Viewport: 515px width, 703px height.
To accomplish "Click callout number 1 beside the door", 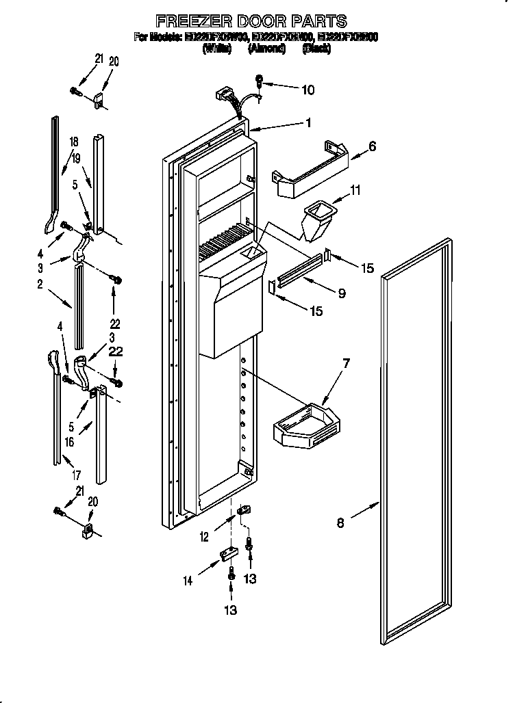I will click(x=309, y=123).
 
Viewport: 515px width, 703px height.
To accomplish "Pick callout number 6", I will click(x=372, y=146).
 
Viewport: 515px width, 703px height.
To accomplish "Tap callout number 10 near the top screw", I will click(x=308, y=89).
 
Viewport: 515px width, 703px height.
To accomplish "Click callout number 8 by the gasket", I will click(x=340, y=525).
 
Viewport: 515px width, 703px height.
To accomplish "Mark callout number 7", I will click(x=346, y=362).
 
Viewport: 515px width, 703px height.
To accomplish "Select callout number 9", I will click(x=340, y=293).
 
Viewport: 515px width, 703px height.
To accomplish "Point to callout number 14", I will click(x=188, y=581).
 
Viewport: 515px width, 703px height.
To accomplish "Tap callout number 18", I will click(x=73, y=142).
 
